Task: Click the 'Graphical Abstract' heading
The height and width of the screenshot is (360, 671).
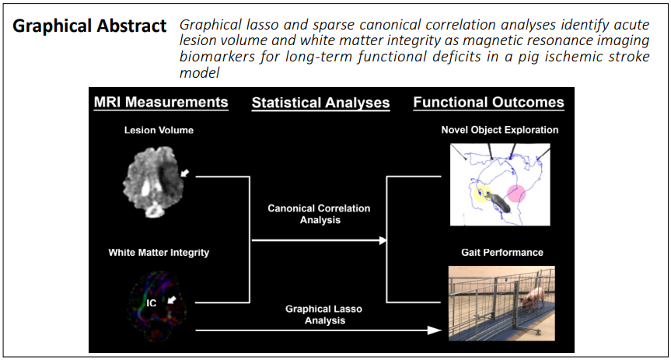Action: tap(89, 26)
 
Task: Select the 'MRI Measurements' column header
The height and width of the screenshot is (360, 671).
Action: tap(161, 102)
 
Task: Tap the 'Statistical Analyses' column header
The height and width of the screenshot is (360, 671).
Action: tap(320, 103)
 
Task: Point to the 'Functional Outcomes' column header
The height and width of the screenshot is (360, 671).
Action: tap(489, 103)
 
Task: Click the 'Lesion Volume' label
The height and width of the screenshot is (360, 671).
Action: tap(159, 130)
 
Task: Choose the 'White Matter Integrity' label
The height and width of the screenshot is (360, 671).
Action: tap(159, 253)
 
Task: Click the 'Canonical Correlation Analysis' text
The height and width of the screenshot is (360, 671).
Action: tap(320, 214)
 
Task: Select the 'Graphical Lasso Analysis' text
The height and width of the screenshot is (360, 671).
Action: tap(324, 315)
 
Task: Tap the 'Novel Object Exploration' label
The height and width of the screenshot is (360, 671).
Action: tap(500, 130)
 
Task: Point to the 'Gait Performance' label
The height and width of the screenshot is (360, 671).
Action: tap(502, 253)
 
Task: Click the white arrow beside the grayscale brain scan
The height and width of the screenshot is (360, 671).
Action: tap(184, 173)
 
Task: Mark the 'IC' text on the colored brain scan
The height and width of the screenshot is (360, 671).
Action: tap(152, 303)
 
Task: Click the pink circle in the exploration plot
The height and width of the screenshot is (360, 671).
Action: tap(516, 194)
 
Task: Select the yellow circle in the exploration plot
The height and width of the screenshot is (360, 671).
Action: tap(483, 194)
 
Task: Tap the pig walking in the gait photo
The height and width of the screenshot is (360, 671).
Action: tap(533, 298)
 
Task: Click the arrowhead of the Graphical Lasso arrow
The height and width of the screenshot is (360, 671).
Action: tap(435, 330)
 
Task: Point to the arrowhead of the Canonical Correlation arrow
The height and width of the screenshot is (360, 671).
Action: tap(383, 240)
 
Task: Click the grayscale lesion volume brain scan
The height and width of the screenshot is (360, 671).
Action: tap(153, 182)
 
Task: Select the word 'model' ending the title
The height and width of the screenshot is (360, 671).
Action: tap(199, 73)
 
